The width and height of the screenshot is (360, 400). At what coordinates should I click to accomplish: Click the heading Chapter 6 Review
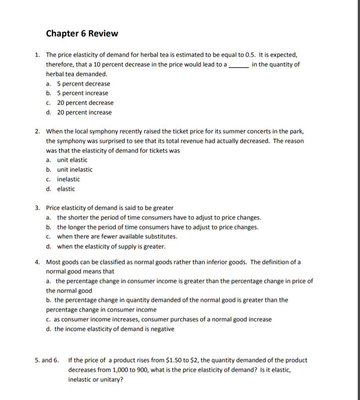tap(82, 34)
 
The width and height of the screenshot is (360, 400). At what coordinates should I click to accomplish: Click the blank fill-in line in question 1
tap(239, 65)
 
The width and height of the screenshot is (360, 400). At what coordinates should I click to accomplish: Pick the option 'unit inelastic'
tap(75, 170)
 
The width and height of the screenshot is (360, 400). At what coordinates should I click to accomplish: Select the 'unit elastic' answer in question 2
tap(72, 160)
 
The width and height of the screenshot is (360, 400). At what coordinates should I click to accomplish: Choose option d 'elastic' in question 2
tap(66, 189)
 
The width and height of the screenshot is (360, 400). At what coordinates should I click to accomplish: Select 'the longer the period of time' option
tap(157, 227)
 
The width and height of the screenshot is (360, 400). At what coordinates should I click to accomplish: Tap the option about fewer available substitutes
tap(117, 236)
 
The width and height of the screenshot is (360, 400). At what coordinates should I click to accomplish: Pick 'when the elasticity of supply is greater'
tap(111, 246)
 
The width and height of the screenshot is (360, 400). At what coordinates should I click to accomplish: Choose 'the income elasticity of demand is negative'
tap(114, 329)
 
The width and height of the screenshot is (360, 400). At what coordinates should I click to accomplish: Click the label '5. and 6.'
tap(46, 360)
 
